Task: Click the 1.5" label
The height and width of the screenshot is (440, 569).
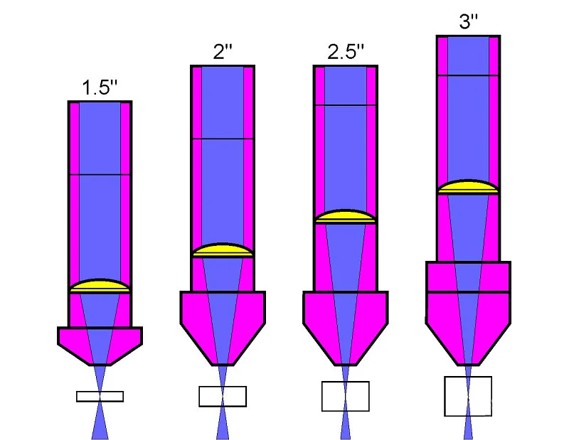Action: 100,87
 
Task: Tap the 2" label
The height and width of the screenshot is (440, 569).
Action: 223,51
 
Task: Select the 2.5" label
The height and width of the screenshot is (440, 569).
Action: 346,51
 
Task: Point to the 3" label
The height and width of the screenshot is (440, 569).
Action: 469,21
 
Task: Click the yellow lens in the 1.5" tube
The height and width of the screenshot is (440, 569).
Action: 100,286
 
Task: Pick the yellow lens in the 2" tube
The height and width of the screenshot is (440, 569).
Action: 223,250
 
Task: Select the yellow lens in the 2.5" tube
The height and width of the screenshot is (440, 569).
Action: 346,217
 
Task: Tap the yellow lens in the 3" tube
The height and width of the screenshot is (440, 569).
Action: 469,187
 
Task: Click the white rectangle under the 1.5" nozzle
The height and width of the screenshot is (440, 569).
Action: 100,397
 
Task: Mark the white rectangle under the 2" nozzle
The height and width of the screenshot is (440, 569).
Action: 223,397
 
